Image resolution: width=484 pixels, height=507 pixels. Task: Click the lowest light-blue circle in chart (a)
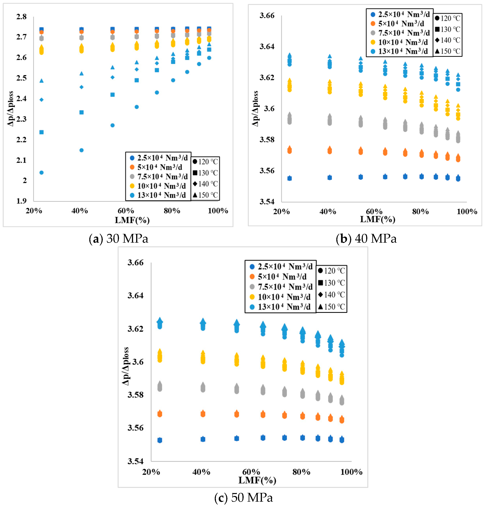41,172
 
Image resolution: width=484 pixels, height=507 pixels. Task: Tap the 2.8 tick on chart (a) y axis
21,17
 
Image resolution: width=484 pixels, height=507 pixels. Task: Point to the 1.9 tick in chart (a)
21,201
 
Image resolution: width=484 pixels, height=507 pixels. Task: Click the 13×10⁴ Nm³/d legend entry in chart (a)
158,195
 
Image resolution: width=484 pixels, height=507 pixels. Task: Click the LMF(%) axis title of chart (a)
132,220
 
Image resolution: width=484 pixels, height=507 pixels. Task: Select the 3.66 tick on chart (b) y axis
267,15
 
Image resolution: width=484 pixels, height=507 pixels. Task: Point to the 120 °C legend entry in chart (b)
448,18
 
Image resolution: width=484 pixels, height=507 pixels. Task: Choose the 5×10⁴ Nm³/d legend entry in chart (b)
398,24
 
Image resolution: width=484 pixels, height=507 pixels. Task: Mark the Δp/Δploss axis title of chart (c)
125,366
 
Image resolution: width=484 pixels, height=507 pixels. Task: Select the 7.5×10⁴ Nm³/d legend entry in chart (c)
282,287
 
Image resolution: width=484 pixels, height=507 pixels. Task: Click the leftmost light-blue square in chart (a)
41,132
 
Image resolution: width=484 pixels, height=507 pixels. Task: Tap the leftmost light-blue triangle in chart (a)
41,81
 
